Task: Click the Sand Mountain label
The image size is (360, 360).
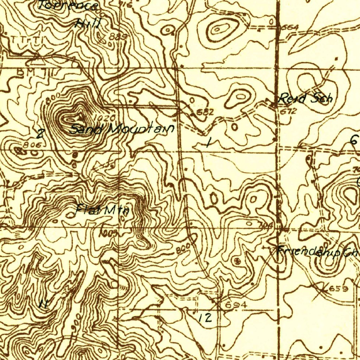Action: pos(122,129)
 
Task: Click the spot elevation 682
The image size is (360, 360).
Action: pos(205,112)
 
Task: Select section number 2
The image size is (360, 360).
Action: pos(41,134)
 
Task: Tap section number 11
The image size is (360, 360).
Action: pos(44,303)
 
